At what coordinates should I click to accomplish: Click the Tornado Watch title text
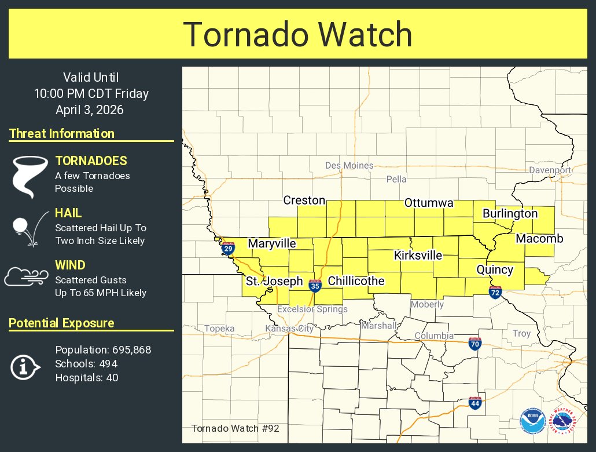coord(297,35)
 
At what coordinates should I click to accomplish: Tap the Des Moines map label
coord(349,165)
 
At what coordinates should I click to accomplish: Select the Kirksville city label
coord(418,255)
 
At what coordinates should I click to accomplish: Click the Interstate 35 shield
coord(315,286)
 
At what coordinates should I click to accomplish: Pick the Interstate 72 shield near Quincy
coord(495,292)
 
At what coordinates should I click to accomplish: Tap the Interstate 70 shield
coord(474,344)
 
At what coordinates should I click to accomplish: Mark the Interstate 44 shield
coord(475,402)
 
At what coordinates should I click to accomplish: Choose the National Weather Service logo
coord(562,420)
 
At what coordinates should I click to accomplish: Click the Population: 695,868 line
coord(103,349)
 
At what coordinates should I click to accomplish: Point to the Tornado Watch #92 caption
coord(235,428)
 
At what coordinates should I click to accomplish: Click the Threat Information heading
coord(62,133)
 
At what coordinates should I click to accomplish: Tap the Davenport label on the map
coord(550,170)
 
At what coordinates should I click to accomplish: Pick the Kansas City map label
coord(289,329)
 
